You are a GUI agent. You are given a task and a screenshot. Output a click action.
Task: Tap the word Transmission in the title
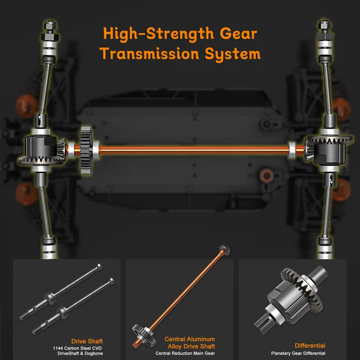(149, 54)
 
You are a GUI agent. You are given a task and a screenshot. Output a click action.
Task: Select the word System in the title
(233, 54)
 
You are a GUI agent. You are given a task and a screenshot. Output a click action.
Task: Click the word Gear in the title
(238, 33)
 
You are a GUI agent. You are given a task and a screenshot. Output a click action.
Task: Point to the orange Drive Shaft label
(87, 341)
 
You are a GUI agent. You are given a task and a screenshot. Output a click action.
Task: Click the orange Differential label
(310, 346)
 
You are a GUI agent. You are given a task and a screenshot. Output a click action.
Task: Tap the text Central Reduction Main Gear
(185, 353)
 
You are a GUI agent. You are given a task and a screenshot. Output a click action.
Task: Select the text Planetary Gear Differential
(298, 353)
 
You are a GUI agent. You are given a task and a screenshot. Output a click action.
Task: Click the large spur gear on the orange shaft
(86, 150)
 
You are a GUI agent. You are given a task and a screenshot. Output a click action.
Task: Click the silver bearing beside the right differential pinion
(292, 150)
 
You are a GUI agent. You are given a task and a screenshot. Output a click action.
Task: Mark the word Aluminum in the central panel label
(202, 339)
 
